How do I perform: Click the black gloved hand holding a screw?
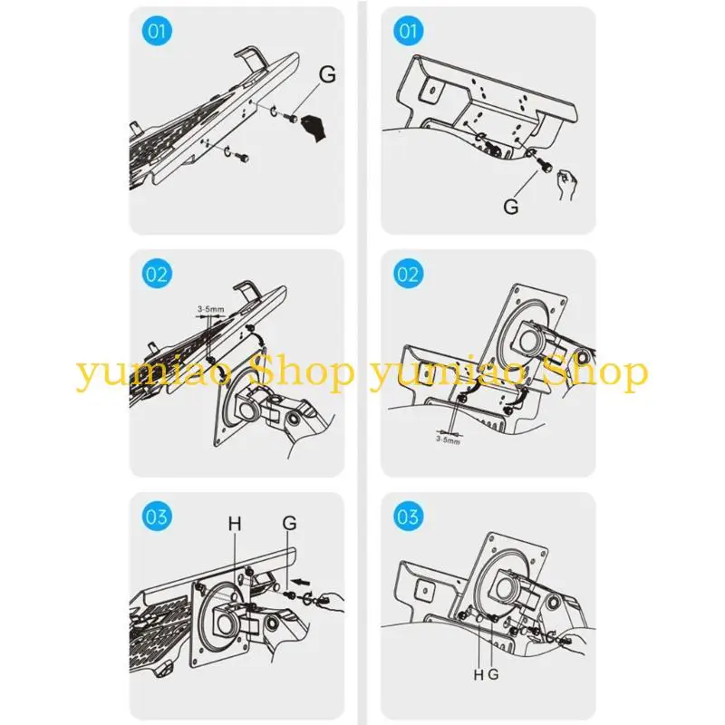(x=314, y=128)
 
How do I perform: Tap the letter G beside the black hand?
(x=327, y=74)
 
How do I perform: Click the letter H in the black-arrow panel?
(x=235, y=524)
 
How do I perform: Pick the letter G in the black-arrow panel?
(x=289, y=523)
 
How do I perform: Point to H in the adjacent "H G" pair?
(x=478, y=675)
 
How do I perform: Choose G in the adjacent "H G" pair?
(x=493, y=674)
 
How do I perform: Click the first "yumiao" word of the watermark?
(x=152, y=374)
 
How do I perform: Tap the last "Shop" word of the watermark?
(x=595, y=372)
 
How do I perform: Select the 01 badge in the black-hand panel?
(x=157, y=31)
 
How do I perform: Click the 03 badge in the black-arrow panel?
(x=157, y=516)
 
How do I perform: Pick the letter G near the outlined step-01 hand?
(x=511, y=207)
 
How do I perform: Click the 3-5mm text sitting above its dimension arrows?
(x=211, y=308)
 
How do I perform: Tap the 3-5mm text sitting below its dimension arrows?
(x=448, y=440)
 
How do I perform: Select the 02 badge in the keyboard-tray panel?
(x=157, y=274)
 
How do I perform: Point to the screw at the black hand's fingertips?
(x=292, y=119)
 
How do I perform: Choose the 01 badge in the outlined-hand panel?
(x=409, y=31)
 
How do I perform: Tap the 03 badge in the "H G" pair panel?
(x=409, y=516)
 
